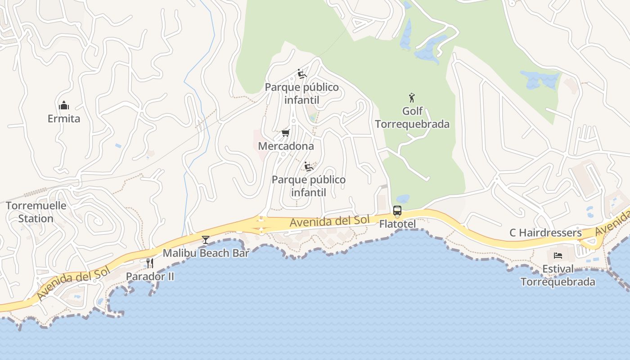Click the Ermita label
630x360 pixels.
pos(64,119)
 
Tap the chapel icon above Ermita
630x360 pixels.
pos(64,105)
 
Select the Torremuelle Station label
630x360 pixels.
pos(36,212)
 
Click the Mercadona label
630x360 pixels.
pos(286,146)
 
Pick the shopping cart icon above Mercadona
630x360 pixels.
pos(285,133)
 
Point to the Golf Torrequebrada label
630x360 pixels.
pos(412,117)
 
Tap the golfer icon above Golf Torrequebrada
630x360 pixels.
pos(412,97)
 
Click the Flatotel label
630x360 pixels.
pos(397,224)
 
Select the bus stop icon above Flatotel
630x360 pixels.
pos(397,211)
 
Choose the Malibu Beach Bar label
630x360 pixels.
pos(206,253)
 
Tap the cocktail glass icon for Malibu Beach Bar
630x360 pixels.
pos(206,240)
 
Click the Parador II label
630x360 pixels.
pos(150,276)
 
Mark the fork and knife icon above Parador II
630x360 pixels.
pos(150,263)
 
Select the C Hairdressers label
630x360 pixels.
pos(545,233)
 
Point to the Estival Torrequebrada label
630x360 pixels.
pos(558,275)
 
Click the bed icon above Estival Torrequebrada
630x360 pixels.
pos(558,256)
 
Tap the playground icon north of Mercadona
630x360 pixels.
pos(302,74)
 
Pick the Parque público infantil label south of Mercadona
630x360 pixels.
pos(309,186)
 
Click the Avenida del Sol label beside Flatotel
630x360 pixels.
pos(330,221)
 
